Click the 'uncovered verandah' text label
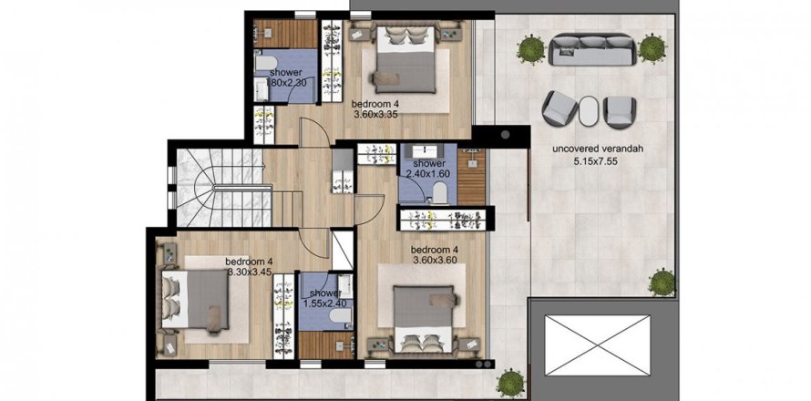596,149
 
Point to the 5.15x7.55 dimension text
596,161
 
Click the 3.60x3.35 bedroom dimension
378,115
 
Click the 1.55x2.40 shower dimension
324,303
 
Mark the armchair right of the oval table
620,111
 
